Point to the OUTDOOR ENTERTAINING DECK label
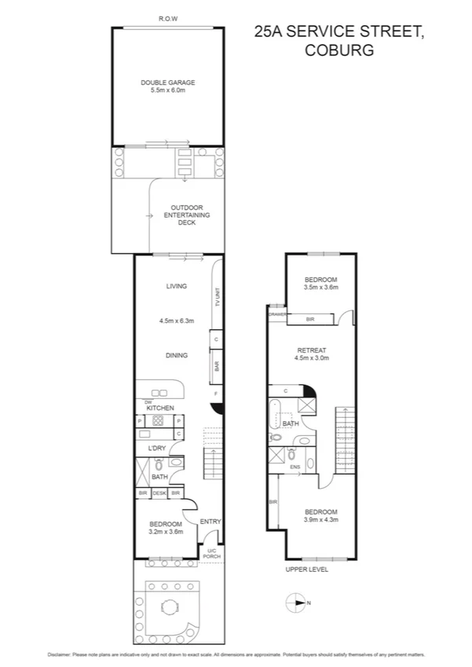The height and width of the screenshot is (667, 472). click(181, 214)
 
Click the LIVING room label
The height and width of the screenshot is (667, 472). click(176, 286)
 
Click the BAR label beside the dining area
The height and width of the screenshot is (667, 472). click(217, 366)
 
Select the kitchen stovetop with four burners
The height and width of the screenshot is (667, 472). click(157, 420)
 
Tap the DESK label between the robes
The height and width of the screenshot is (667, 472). click(159, 493)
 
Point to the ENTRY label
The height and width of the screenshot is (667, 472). click(210, 522)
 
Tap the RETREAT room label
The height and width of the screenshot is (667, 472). click(311, 350)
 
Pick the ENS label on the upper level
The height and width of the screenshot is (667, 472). click(295, 467)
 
